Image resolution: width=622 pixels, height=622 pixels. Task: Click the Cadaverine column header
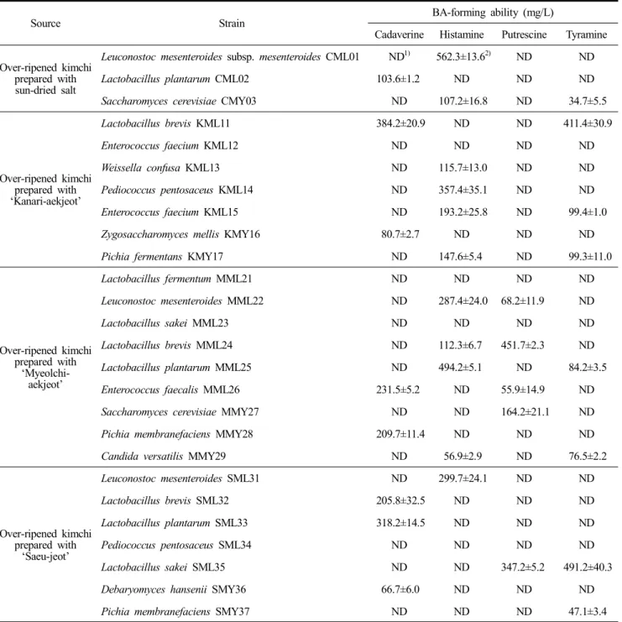point(399,34)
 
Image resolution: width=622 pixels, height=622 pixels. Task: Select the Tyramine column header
point(586,35)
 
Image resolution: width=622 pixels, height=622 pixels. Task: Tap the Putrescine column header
point(524,34)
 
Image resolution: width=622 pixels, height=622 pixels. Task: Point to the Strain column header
point(232,24)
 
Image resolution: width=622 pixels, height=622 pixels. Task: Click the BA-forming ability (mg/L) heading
point(493,13)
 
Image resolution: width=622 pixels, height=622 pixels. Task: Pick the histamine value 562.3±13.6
point(461,57)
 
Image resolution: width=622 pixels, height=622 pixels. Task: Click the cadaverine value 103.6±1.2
point(398,79)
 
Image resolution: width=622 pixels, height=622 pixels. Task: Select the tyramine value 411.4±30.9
point(588,123)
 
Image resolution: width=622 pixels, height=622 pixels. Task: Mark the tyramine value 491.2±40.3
point(588,567)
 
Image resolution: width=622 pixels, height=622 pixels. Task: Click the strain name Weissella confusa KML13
point(160,168)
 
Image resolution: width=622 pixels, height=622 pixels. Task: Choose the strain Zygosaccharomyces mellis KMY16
point(180,234)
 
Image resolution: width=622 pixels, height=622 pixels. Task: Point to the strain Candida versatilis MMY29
point(164,456)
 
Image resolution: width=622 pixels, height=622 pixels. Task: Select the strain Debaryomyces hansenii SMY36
point(174,589)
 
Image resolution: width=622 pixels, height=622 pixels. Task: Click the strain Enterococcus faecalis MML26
point(170,389)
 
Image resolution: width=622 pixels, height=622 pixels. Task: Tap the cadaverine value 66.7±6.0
point(400,589)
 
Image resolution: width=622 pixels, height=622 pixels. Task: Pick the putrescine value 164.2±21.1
point(525,412)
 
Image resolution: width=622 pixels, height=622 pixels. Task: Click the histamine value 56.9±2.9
point(463,456)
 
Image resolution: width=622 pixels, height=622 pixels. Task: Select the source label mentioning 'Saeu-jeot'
point(45,545)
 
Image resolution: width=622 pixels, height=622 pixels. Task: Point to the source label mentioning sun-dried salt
point(45,79)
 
